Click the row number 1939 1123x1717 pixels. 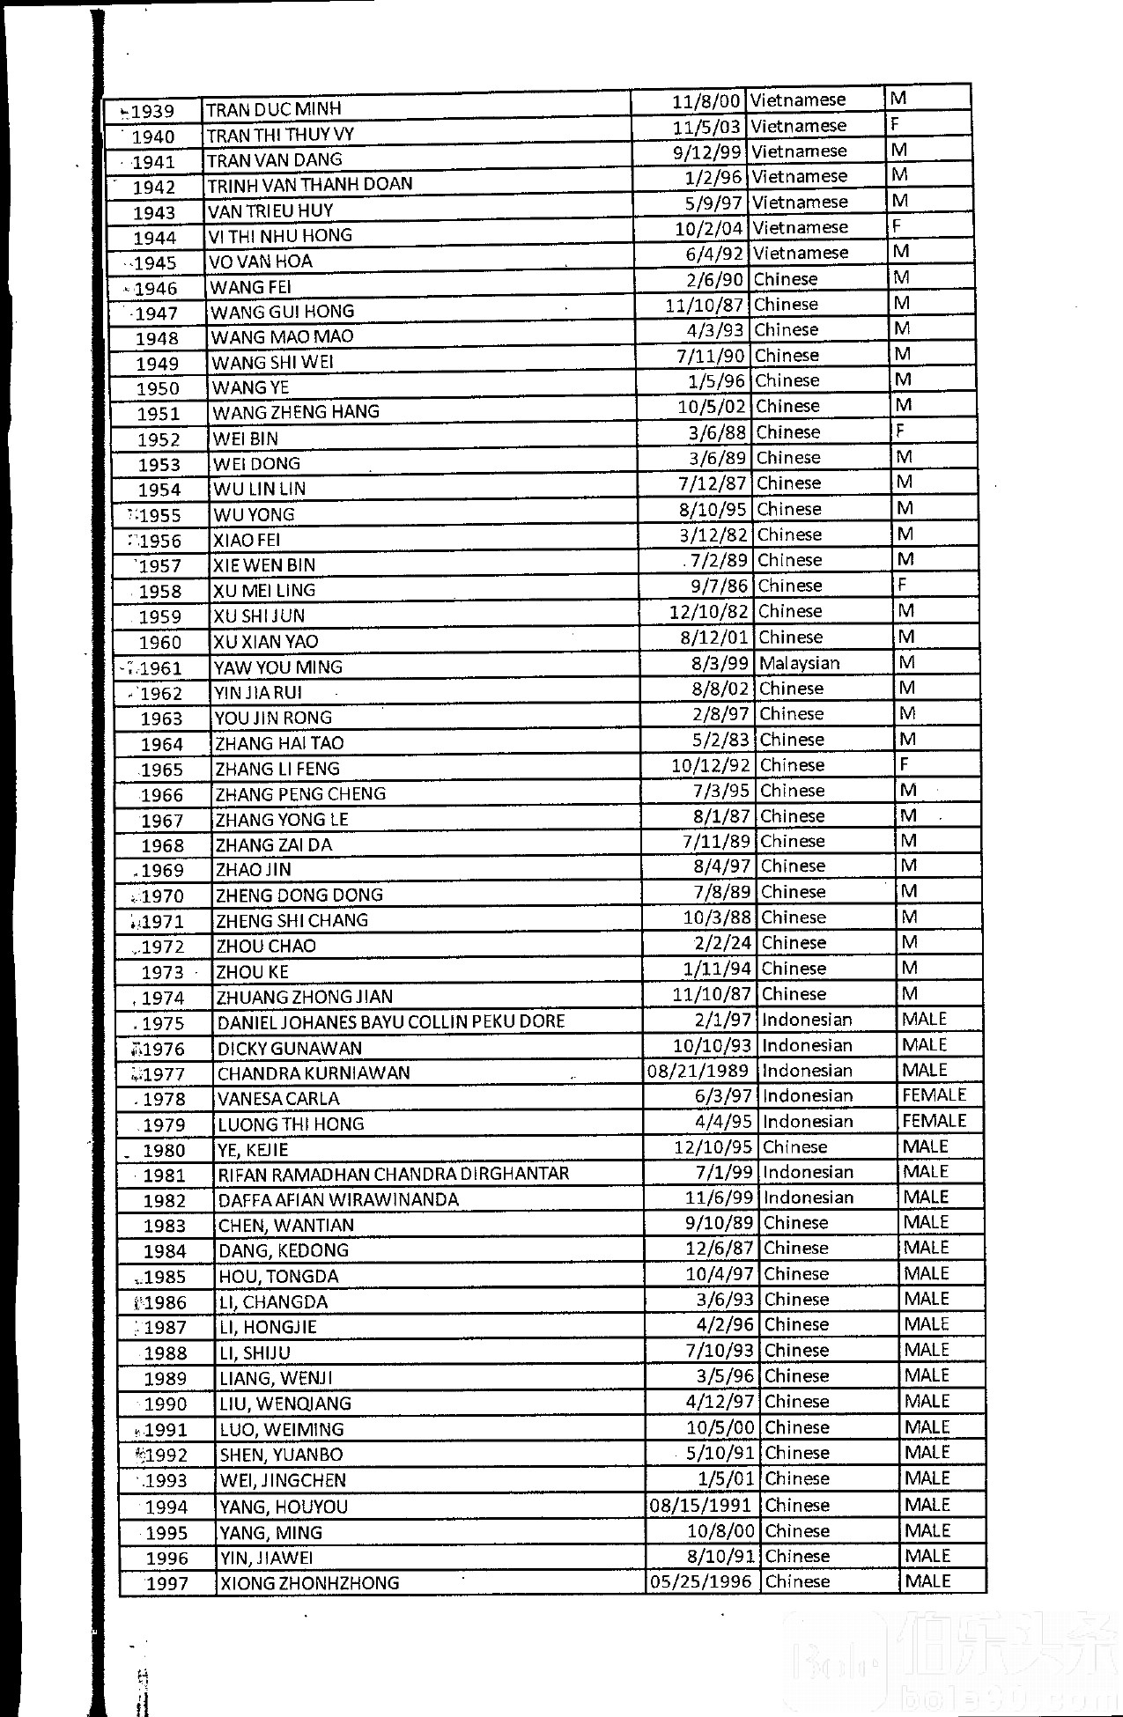pyautogui.click(x=152, y=112)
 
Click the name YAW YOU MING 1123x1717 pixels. pyautogui.click(x=277, y=667)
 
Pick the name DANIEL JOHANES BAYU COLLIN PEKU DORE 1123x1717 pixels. pyautogui.click(x=391, y=1022)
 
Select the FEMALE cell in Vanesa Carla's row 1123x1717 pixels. pyautogui.click(x=935, y=1095)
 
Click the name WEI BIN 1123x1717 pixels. pyautogui.click(x=245, y=438)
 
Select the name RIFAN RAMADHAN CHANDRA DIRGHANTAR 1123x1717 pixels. pyautogui.click(x=394, y=1174)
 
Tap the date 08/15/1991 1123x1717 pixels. pyautogui.click(x=701, y=1505)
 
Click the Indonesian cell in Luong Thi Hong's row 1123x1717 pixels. pyautogui.click(x=807, y=1121)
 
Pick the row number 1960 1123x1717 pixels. pyautogui.click(x=159, y=643)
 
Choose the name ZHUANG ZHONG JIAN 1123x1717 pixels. pyautogui.click(x=305, y=997)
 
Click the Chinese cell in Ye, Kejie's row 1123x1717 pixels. pyautogui.click(x=795, y=1146)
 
